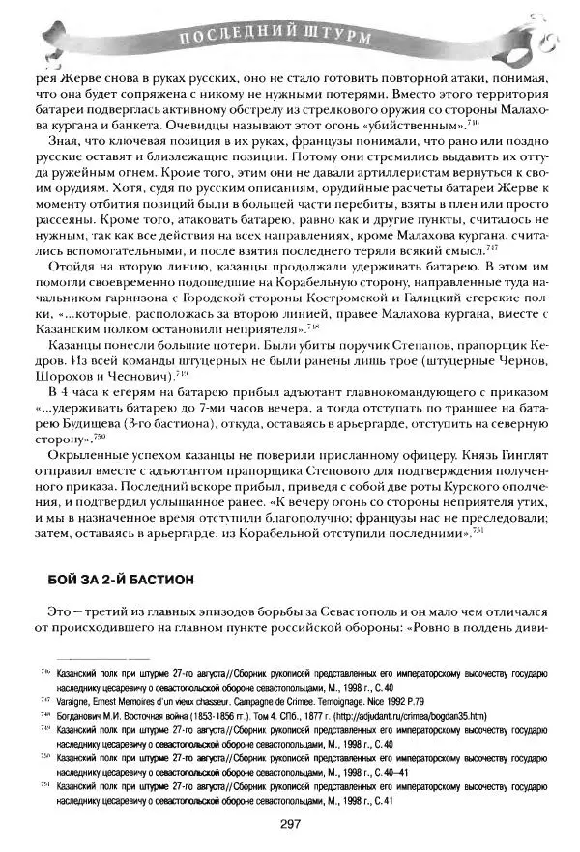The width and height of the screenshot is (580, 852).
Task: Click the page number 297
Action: [292, 823]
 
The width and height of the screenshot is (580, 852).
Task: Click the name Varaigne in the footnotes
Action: [79, 701]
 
